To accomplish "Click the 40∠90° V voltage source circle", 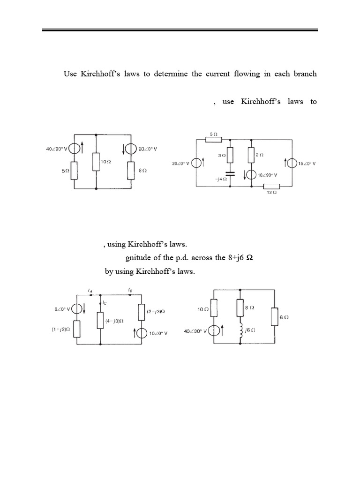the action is (74, 149).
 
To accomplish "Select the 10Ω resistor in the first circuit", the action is (96, 162).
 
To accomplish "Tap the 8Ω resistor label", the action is (142, 170).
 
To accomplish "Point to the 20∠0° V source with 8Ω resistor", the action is (131, 149).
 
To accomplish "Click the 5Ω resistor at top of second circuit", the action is (214, 140).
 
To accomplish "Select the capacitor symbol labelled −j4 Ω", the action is (230, 174).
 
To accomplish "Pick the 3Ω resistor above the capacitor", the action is (230, 155).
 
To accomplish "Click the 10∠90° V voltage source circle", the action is (252, 175).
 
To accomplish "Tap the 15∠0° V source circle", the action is (292, 163).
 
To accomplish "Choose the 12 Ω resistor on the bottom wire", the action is (271, 186).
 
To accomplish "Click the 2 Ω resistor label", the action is (259, 155).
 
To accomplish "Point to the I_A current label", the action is (90, 290).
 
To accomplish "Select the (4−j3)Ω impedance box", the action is (100, 320).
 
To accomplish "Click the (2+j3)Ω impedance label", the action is (156, 312).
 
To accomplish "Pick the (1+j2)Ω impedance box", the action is (76, 329).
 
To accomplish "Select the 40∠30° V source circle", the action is (214, 331).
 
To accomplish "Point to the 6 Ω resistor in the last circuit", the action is (275, 317).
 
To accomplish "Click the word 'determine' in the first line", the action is (171, 74).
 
